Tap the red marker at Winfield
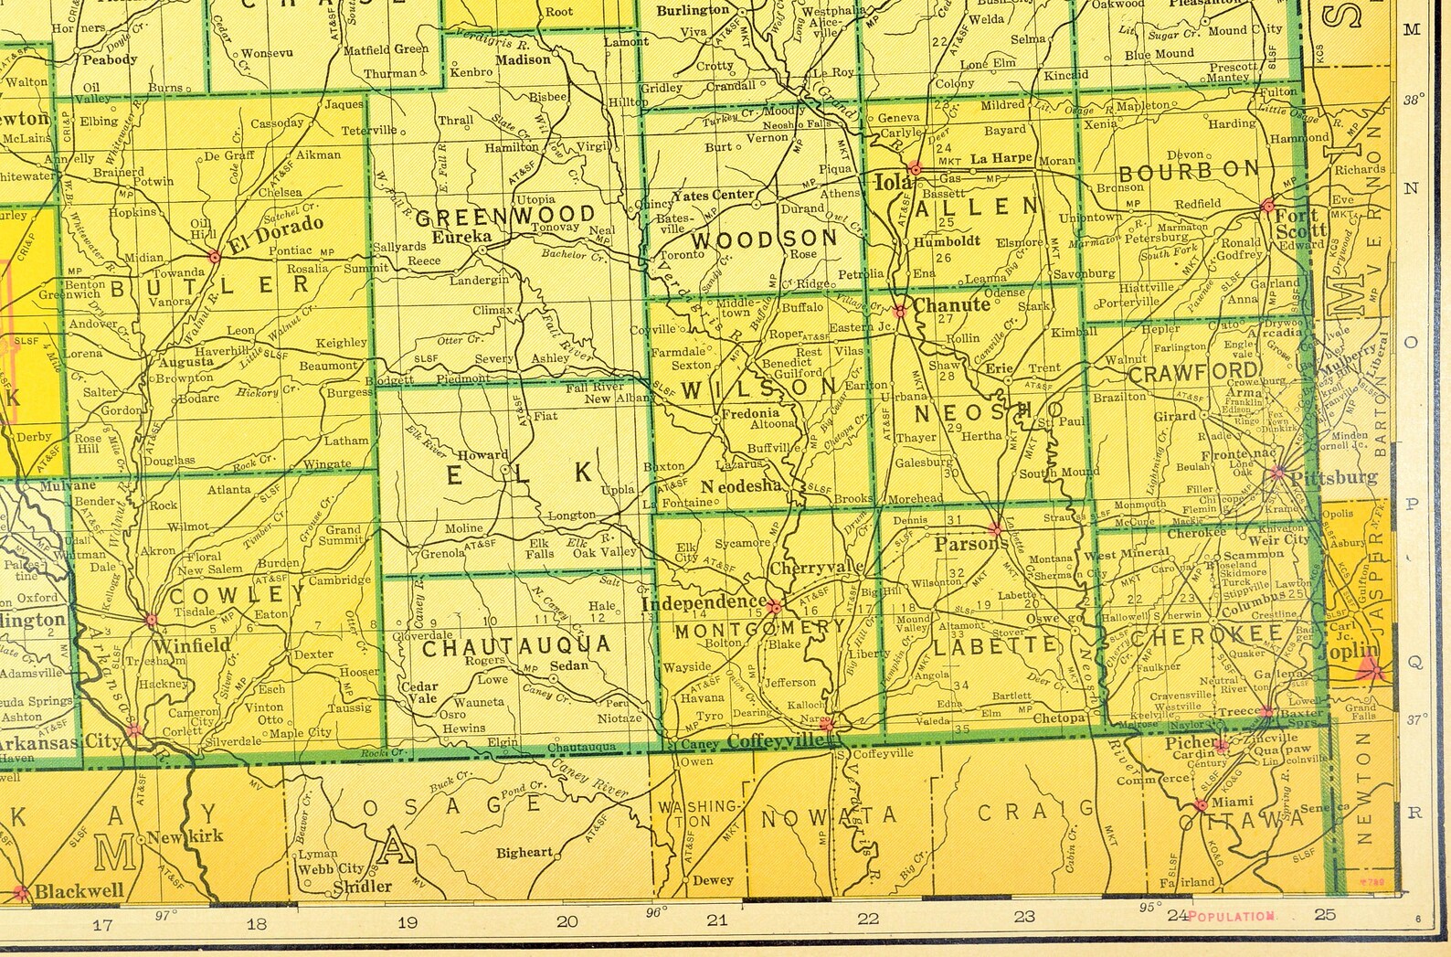(x=152, y=620)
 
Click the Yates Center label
(x=713, y=195)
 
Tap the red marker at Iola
(x=915, y=169)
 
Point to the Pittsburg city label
(x=1335, y=477)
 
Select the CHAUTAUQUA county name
(x=516, y=646)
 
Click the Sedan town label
(x=568, y=665)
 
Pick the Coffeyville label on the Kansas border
(x=776, y=741)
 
